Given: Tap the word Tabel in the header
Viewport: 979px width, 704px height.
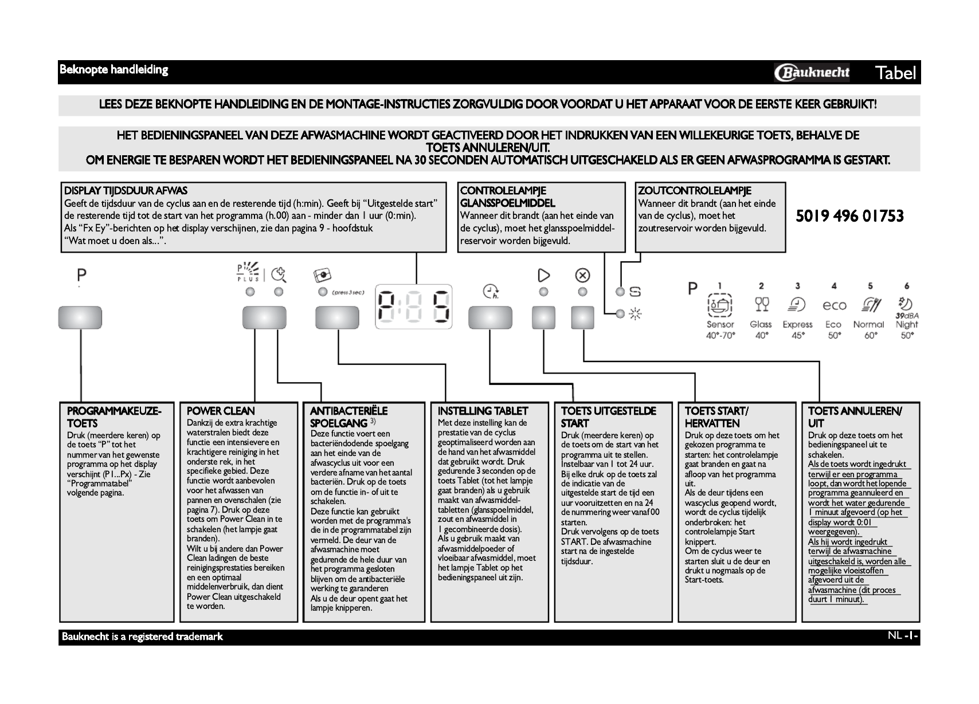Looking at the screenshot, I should (896, 73).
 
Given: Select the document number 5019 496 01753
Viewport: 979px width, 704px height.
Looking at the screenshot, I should (849, 216).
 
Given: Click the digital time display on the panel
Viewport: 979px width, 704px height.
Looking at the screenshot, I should (413, 308).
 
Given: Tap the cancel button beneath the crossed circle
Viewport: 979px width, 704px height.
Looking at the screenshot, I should (582, 317).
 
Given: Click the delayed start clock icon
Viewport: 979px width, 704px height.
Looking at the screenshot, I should (491, 292).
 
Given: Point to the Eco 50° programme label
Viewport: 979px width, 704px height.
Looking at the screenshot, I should (834, 329).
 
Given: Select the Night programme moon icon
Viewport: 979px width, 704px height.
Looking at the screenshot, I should (906, 304).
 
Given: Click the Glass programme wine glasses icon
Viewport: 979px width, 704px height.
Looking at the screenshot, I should (761, 304).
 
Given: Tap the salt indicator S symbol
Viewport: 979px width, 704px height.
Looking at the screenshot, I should (635, 292).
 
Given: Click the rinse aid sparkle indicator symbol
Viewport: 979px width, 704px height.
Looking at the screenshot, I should (635, 314).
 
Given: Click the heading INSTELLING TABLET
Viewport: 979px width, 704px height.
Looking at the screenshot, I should (483, 411).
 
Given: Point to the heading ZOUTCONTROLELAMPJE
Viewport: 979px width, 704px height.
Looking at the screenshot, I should (694, 191).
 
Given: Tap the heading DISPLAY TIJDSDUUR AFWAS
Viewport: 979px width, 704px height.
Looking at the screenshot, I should (126, 191).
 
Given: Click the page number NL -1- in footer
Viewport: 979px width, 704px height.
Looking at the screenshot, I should (903, 636).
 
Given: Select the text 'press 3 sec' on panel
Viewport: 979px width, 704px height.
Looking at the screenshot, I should (348, 293).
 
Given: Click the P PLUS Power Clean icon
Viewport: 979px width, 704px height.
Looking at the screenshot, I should (248, 273).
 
